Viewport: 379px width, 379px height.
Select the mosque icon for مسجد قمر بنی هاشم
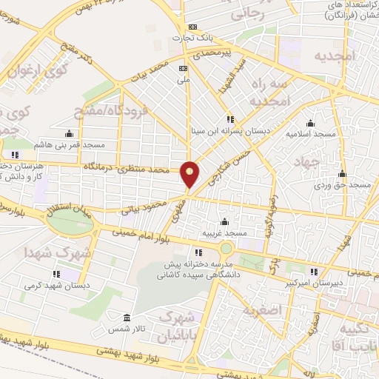coord(69,134)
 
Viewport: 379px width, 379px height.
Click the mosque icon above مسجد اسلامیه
coord(309,124)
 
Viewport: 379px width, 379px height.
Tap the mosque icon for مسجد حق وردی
coord(341,175)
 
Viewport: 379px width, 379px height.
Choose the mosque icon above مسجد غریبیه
coord(224,222)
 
